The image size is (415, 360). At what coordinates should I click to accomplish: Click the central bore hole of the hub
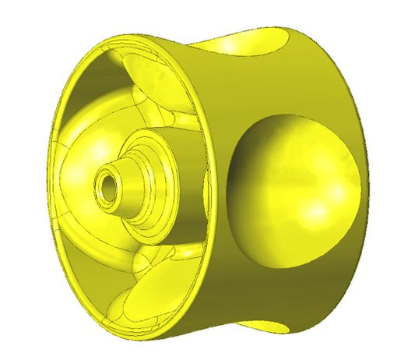(106, 188)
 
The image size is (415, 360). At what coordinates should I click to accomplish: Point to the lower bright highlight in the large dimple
(319, 210)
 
